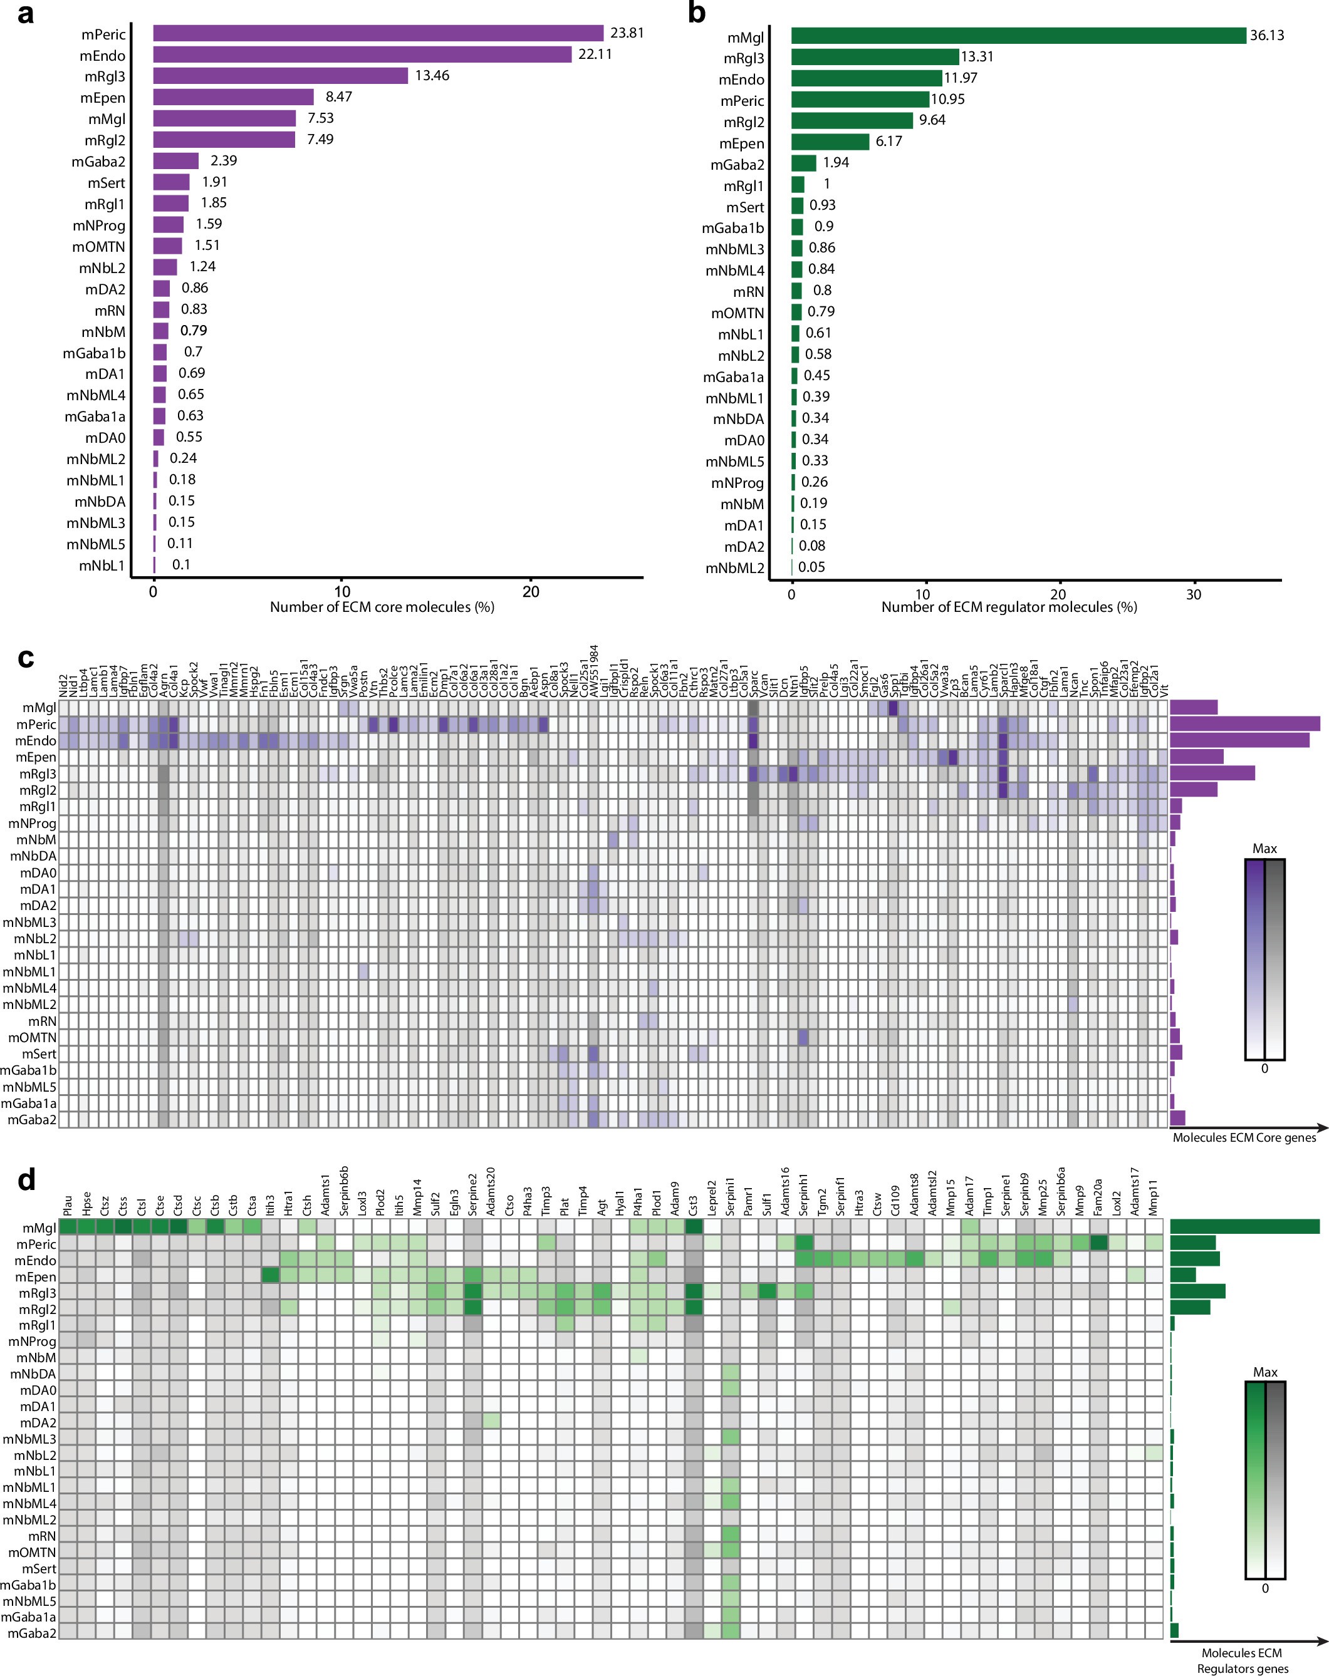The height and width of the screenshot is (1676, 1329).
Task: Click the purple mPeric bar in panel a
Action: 378,33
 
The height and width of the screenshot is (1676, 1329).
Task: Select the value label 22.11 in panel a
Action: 595,54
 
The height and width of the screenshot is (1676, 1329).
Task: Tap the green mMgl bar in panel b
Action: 1018,36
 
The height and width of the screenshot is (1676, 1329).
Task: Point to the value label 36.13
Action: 1267,36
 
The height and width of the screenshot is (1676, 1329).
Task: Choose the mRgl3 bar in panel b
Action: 875,57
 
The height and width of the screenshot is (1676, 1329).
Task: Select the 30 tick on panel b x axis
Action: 1193,595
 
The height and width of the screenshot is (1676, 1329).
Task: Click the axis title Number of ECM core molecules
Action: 382,607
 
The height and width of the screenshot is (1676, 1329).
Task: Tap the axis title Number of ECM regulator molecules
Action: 1009,607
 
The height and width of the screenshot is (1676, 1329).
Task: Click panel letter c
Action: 26,658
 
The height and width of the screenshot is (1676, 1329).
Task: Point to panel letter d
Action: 26,1181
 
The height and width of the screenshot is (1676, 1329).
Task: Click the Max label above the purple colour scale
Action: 1264,849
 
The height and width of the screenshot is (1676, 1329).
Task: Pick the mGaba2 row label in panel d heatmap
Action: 32,1633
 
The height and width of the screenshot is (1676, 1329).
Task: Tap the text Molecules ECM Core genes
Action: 1244,1138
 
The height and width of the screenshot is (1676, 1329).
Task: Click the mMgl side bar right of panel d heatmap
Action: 1244,1228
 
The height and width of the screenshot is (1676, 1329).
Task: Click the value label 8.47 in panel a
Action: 338,97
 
